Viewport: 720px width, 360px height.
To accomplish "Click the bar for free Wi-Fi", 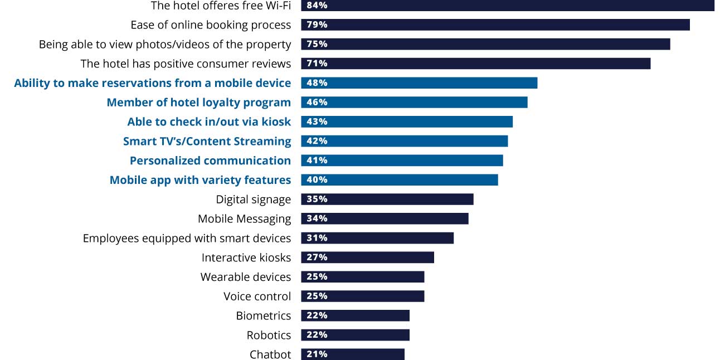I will coord(507,6).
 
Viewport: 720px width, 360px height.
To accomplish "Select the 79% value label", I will coord(317,25).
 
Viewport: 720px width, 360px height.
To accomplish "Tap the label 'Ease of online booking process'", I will coord(211,25).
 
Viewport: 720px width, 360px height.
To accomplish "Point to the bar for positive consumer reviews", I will coord(475,64).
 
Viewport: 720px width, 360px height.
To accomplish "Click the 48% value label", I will coord(317,83).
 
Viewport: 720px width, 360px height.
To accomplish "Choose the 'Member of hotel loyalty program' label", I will coord(198,103).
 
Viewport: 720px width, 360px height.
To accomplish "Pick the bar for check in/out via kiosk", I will coord(407,121).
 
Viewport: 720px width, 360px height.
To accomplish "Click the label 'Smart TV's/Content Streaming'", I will coord(207,141).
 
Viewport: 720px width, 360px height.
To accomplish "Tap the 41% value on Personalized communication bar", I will coord(317,160).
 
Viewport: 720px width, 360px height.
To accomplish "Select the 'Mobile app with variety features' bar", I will coord(400,180).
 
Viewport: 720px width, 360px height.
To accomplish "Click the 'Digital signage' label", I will coord(253,200).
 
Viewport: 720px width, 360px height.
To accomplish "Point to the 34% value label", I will coord(317,218).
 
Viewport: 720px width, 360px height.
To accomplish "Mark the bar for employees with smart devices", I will coord(377,238).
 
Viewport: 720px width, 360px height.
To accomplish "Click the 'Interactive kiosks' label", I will coord(246,257).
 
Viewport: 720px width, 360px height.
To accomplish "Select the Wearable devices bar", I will coord(363,277).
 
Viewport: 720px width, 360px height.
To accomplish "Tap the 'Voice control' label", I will coord(257,296).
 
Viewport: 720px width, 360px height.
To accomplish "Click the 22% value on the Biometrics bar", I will coord(317,315).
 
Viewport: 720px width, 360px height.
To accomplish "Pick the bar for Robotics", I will coord(356,335).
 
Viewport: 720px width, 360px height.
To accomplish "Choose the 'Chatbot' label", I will coord(270,354).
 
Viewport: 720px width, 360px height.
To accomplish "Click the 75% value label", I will coord(317,45).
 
